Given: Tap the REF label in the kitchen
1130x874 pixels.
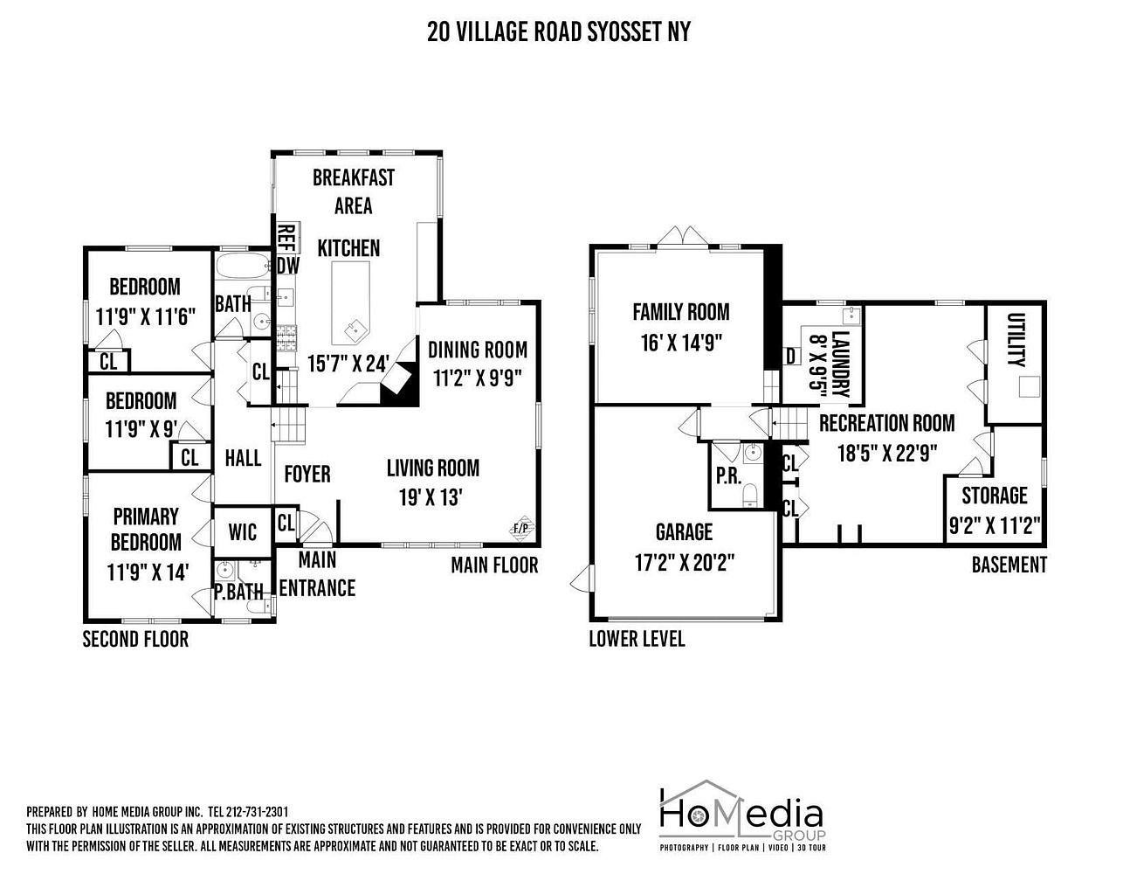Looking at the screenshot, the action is pyautogui.click(x=286, y=239).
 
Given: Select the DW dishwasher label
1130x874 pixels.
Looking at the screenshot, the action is pyautogui.click(x=288, y=266).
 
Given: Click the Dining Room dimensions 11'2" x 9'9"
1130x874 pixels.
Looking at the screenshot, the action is pyautogui.click(x=477, y=378).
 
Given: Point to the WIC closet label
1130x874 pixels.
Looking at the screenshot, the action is pyautogui.click(x=242, y=532).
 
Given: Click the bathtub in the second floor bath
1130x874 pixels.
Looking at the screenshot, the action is pyautogui.click(x=242, y=266).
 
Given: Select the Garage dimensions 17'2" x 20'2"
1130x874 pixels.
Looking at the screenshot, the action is pyautogui.click(x=685, y=562).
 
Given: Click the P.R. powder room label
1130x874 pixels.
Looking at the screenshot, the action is pyautogui.click(x=728, y=475).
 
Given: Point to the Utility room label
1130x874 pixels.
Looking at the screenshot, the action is pyautogui.click(x=1016, y=340).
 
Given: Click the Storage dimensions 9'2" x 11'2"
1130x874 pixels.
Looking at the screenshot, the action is pyautogui.click(x=995, y=526).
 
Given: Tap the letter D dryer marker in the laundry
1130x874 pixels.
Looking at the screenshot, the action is pyautogui.click(x=790, y=357).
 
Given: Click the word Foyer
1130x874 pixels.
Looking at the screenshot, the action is pyautogui.click(x=307, y=474).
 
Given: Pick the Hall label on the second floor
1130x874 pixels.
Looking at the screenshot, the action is pyautogui.click(x=243, y=458).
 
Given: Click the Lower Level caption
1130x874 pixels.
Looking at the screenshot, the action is pyautogui.click(x=637, y=639).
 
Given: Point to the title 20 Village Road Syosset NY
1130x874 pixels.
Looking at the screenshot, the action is pyautogui.click(x=559, y=31).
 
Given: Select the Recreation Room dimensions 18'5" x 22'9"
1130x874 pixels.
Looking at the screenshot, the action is pyautogui.click(x=887, y=454).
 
